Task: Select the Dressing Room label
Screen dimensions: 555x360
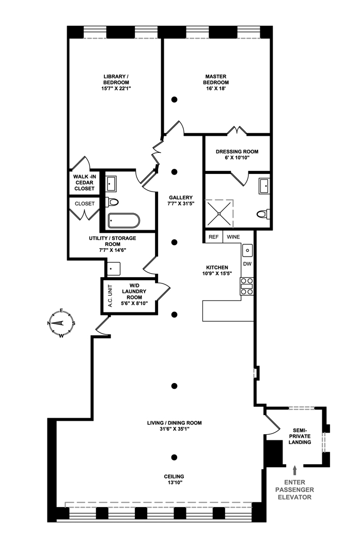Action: point(237,152)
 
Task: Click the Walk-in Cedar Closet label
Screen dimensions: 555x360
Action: point(84,183)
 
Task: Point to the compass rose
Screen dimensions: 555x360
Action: point(61,323)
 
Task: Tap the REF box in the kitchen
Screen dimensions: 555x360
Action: point(213,237)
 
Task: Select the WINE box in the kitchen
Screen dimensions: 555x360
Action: point(233,237)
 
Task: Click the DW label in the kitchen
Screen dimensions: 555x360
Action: point(247,264)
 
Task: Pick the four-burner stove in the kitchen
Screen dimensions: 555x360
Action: point(247,286)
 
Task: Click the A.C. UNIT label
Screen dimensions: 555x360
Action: point(109,297)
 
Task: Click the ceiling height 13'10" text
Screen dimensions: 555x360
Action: point(175,479)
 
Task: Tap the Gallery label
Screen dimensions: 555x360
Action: point(181,200)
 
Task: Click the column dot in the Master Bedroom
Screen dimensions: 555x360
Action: point(175,99)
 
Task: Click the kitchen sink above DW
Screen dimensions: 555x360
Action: point(247,250)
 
